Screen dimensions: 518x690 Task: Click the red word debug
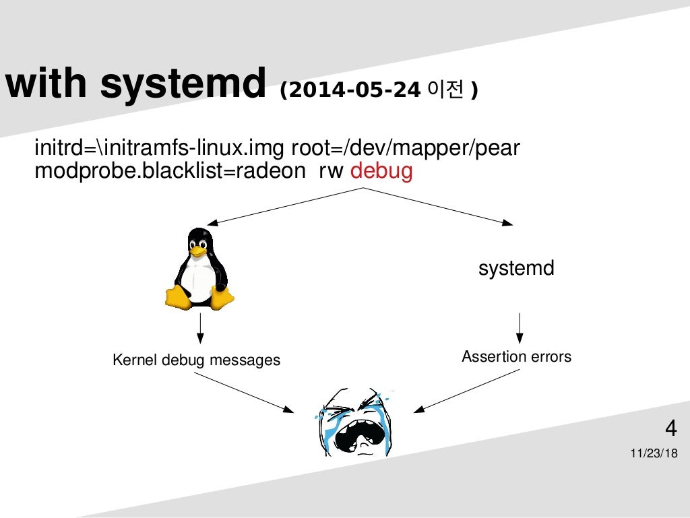click(x=381, y=171)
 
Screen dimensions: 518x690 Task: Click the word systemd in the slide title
click(x=184, y=84)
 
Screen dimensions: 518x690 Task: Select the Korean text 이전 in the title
click(x=448, y=90)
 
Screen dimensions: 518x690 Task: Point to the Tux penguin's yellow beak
click(x=197, y=250)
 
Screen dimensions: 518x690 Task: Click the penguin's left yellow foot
click(x=177, y=296)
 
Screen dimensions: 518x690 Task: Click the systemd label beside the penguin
click(x=516, y=268)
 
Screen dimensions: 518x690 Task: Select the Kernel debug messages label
click(x=196, y=360)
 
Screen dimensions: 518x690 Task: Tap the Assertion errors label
click(x=516, y=356)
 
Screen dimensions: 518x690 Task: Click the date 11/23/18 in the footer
click(x=654, y=453)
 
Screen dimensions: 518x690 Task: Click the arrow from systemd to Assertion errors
click(x=519, y=327)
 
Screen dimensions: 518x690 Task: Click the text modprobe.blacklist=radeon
click(x=170, y=171)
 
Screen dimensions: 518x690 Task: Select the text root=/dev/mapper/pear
click(x=405, y=148)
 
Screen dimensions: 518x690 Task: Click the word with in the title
click(x=45, y=84)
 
